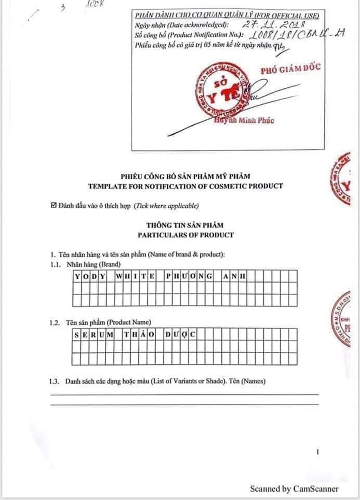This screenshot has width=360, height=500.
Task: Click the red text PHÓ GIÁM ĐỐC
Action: tap(291, 69)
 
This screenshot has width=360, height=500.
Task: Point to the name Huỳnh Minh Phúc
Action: tap(244, 120)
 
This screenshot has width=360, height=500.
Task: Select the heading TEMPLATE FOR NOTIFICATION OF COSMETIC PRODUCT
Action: tap(185, 186)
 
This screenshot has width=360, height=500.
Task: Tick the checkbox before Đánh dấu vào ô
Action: tap(54, 206)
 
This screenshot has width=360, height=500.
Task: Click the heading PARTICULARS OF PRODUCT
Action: tap(185, 235)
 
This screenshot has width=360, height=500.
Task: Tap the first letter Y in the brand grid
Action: tap(77, 276)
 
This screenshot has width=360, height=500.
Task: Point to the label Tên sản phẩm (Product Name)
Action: tap(108, 323)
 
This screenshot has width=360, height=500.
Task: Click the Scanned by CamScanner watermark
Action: tap(294, 489)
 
